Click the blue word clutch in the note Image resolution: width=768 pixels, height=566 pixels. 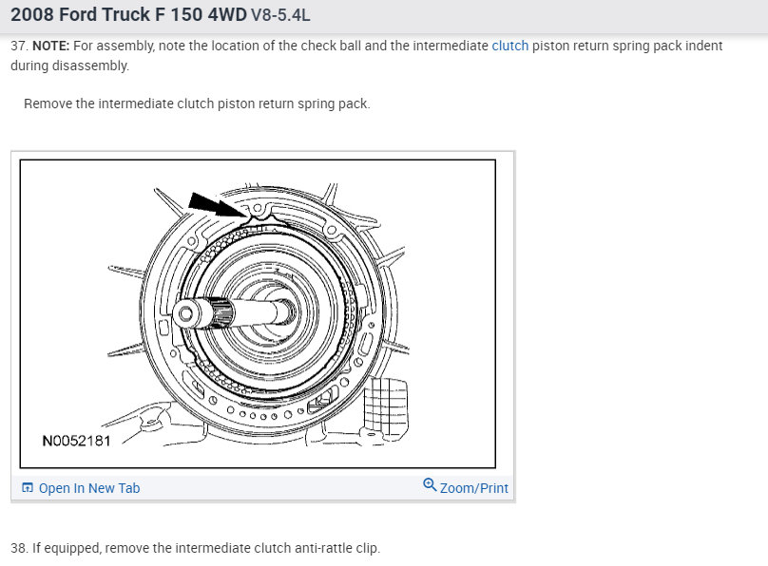[509, 46]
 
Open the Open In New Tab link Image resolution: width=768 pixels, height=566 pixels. [89, 488]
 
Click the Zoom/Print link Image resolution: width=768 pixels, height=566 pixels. [473, 488]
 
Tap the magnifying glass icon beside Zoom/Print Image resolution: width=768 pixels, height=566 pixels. [430, 484]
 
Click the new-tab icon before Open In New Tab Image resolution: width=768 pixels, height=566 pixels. [28, 488]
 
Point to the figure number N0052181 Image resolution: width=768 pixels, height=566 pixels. [76, 441]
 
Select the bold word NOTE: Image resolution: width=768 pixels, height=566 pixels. [51, 46]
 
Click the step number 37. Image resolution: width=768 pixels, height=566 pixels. [20, 46]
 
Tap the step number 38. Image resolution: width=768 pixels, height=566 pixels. [20, 548]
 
